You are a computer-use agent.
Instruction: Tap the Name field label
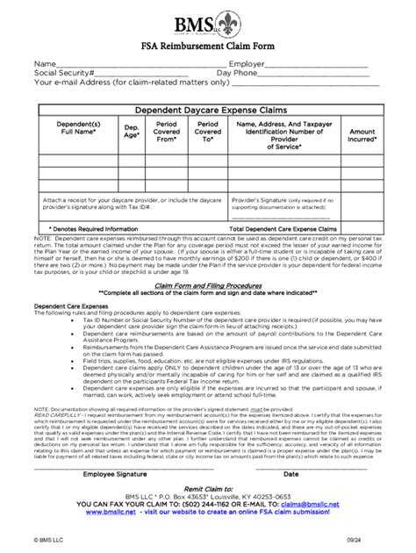46,64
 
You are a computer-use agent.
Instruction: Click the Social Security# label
63,74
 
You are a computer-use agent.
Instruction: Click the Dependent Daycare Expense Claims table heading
209,110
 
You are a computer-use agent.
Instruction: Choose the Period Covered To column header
207,132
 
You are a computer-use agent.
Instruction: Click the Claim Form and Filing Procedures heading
208,284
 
